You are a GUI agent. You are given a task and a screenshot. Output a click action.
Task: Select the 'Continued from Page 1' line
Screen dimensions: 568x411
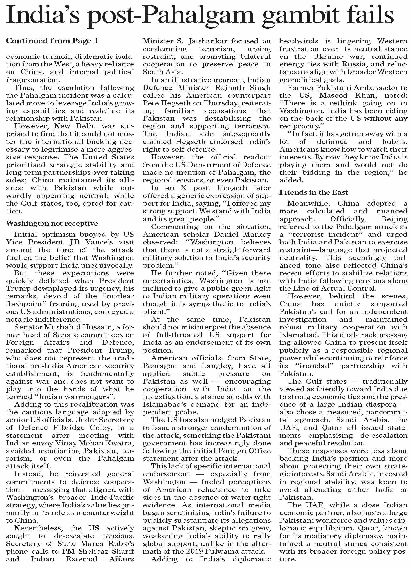[52, 41]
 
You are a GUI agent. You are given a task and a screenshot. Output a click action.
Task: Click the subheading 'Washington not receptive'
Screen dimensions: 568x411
[52, 223]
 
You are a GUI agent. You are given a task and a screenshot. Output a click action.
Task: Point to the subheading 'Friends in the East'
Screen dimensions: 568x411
[314, 192]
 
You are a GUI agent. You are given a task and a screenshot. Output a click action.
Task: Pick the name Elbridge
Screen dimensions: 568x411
[72, 428]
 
